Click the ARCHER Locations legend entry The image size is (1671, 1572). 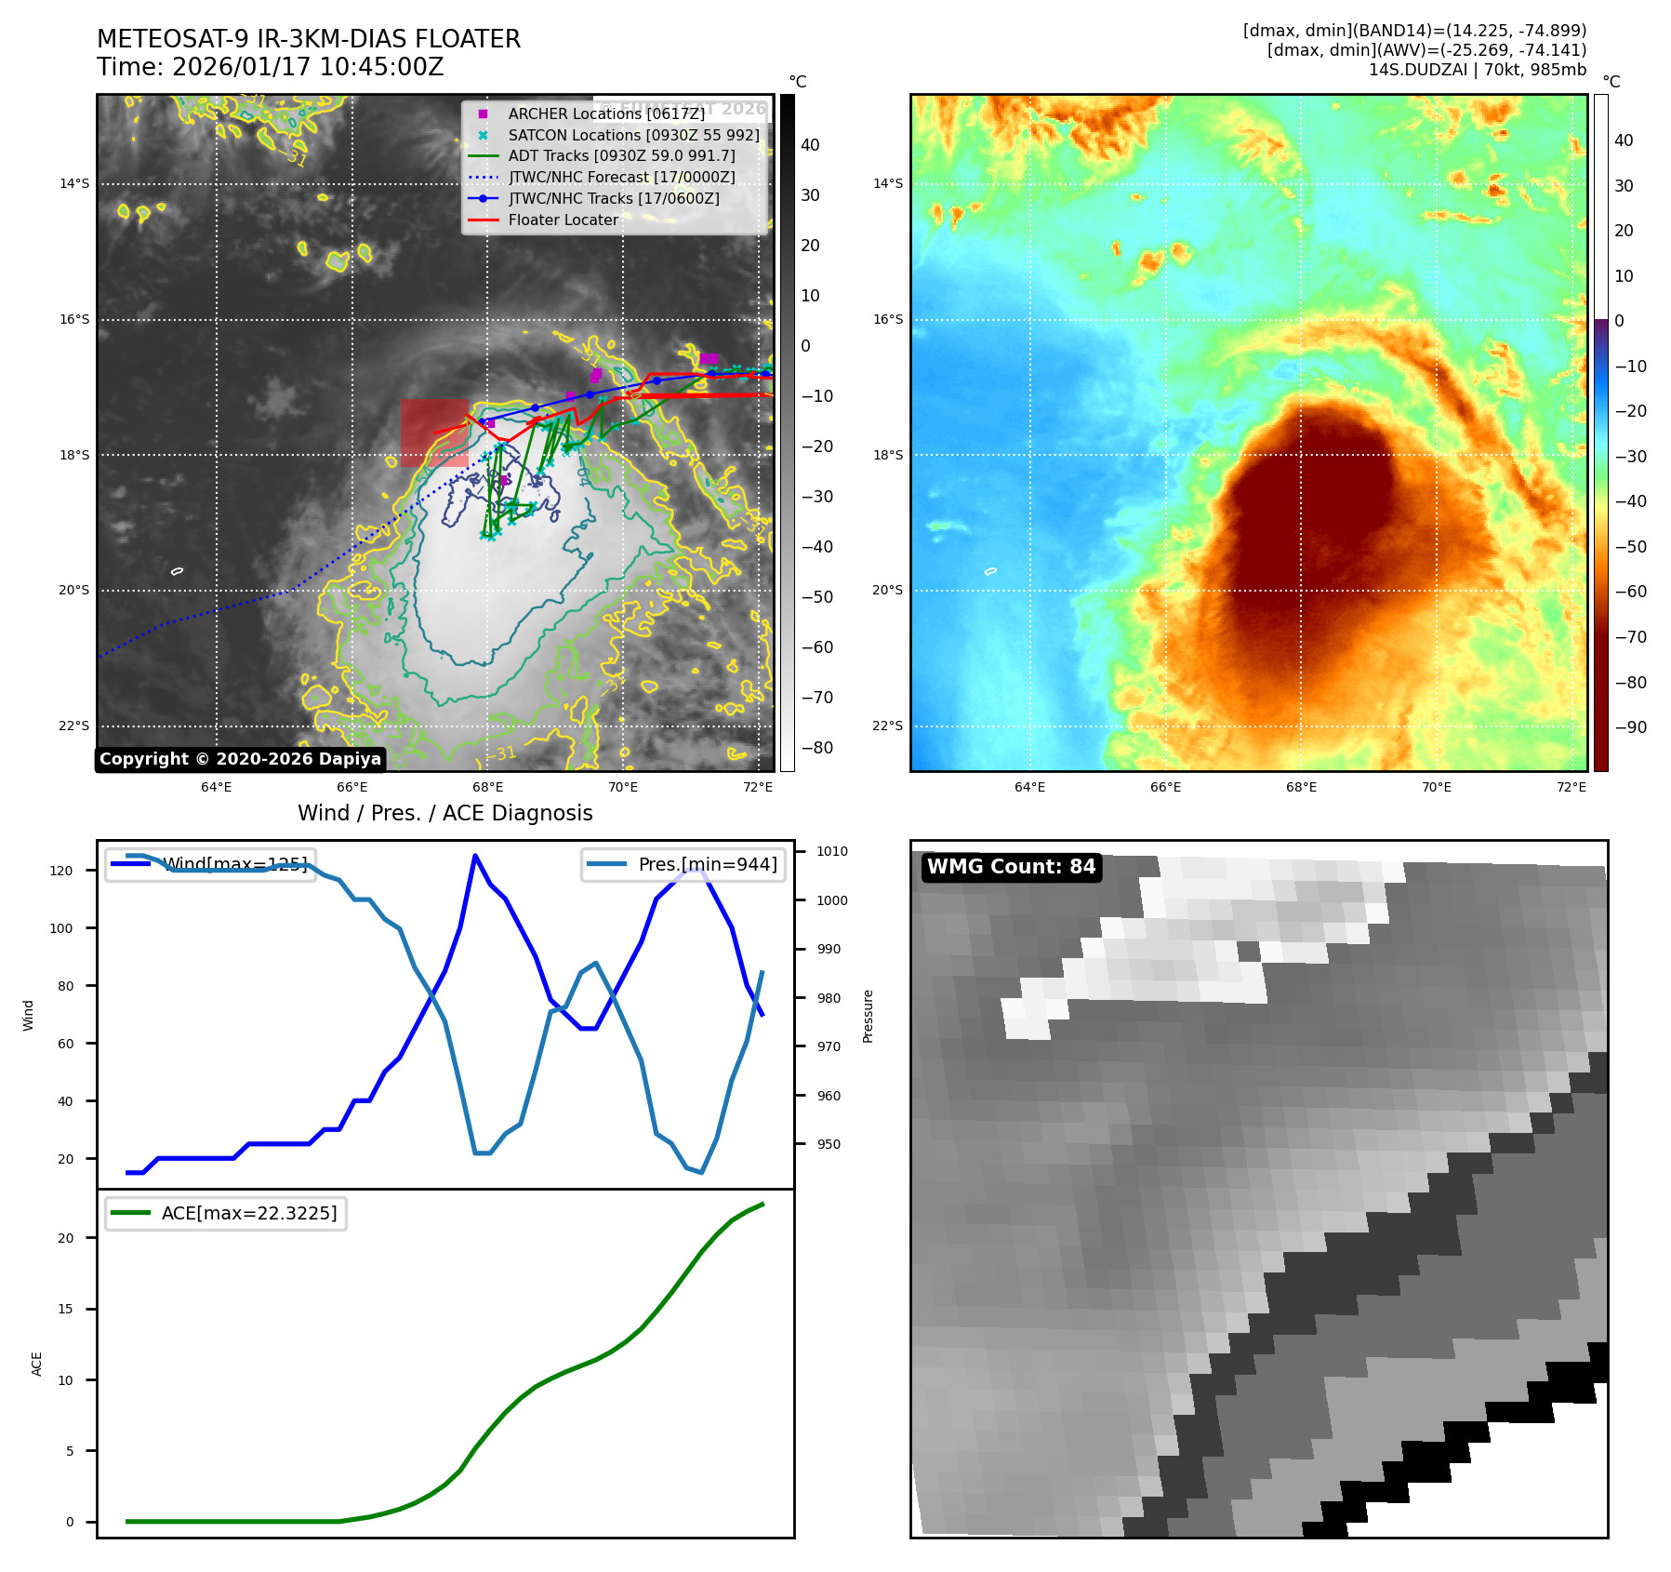[606, 113]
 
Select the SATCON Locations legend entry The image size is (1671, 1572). [633, 135]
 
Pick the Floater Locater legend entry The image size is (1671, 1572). [563, 220]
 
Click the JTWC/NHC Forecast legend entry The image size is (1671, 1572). [621, 177]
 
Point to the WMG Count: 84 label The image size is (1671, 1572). [1011, 867]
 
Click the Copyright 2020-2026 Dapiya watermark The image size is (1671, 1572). [240, 759]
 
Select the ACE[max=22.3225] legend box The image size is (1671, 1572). [226, 1213]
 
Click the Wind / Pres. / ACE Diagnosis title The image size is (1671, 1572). [444, 813]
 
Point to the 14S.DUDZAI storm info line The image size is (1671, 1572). [1477, 70]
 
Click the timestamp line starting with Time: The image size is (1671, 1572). [271, 67]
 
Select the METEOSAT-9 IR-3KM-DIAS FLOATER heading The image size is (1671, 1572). [309, 39]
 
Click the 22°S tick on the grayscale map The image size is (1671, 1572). [74, 726]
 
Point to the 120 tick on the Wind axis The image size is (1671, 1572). [61, 871]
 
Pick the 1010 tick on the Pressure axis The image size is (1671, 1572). [832, 851]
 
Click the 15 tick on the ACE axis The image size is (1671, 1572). [65, 1309]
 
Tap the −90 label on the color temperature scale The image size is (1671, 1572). [1630, 727]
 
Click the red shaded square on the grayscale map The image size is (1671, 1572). [434, 433]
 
